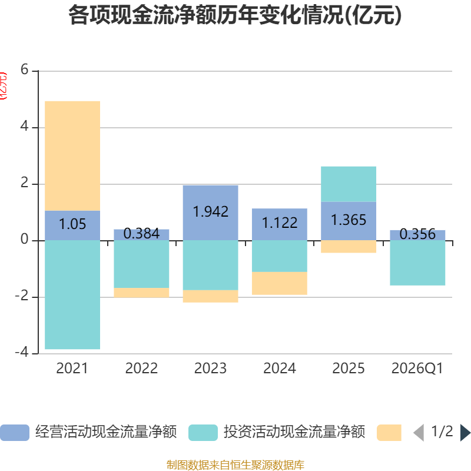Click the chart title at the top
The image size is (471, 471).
[235, 16]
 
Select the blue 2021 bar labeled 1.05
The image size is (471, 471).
[72, 225]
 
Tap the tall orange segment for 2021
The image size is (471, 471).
[72, 155]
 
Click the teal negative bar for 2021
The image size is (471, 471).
[72, 294]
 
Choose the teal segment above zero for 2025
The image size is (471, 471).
[349, 184]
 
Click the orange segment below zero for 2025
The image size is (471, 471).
[349, 247]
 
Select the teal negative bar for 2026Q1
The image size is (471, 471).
[417, 263]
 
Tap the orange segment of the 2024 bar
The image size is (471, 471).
[280, 283]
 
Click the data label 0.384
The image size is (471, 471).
[141, 234]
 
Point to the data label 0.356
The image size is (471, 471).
[417, 234]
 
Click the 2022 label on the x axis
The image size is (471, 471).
[141, 369]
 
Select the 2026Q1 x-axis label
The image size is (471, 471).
[417, 369]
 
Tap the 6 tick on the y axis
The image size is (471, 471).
[24, 70]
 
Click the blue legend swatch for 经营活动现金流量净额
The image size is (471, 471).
[14, 433]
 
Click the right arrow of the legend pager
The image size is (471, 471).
[465, 433]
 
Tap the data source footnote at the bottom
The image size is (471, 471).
[235, 465]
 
